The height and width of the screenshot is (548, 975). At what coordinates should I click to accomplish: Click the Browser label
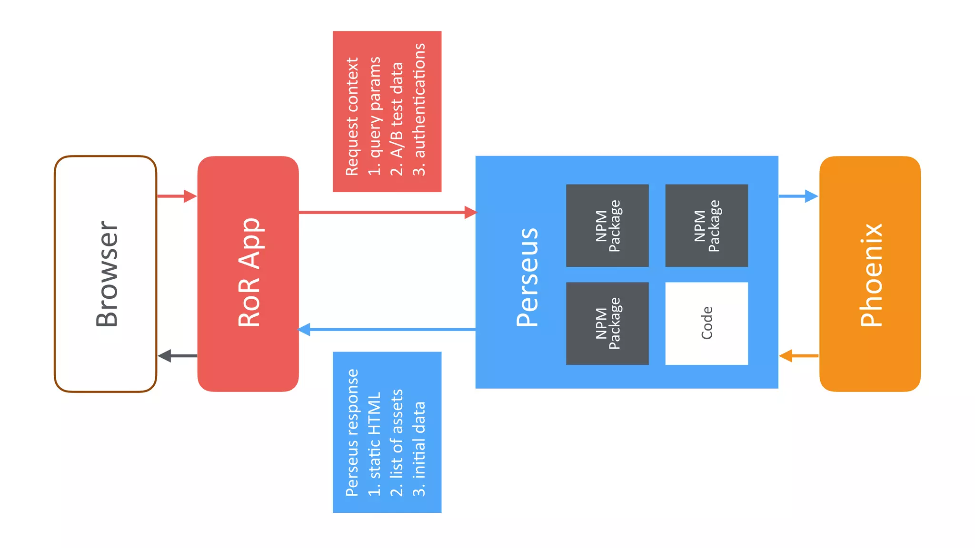click(107, 274)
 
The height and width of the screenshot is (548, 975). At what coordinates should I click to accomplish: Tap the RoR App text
click(249, 273)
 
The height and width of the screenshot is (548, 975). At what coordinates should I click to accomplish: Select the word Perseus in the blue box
click(527, 277)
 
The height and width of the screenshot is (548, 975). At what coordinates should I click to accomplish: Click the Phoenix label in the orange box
click(871, 274)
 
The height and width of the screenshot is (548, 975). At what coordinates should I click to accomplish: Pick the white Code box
click(706, 323)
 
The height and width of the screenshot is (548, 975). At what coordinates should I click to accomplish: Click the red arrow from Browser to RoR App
click(176, 196)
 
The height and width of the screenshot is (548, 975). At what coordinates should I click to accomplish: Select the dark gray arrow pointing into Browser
click(177, 355)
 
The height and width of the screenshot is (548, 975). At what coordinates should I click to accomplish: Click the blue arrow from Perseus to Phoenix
click(798, 196)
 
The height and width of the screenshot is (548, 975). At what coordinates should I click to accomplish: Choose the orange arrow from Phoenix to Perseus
click(798, 355)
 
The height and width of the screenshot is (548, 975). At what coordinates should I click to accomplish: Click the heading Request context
click(352, 117)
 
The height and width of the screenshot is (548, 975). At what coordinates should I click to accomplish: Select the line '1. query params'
click(375, 117)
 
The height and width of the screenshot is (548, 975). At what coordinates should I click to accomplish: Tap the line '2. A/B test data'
click(397, 119)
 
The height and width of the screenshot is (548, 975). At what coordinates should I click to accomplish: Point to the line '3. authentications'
click(419, 109)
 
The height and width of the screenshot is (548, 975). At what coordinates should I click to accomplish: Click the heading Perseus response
click(352, 432)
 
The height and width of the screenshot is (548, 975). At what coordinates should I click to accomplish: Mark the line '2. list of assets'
click(397, 442)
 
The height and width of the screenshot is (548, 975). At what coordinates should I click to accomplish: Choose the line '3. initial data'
click(419, 449)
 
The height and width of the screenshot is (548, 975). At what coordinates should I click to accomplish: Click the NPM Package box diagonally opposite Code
click(607, 225)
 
